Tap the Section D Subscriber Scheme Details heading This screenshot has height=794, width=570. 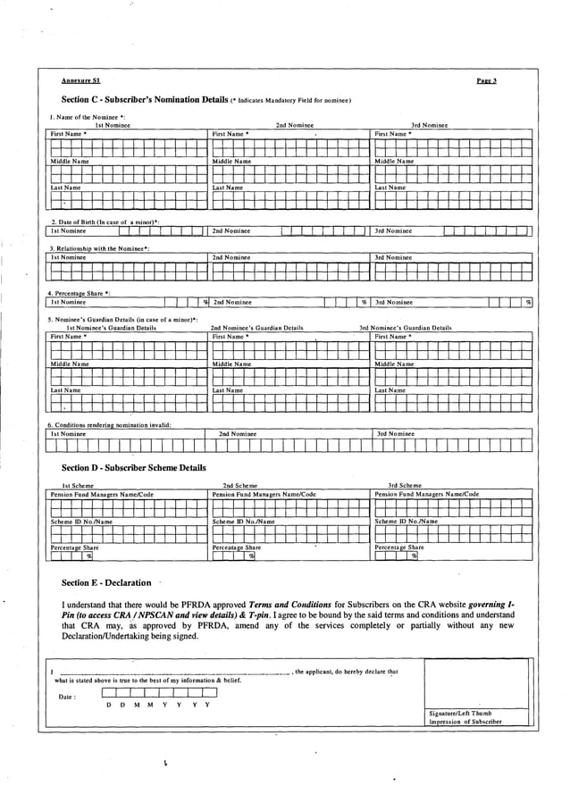tap(133, 467)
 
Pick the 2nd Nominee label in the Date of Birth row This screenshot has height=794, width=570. tap(231, 230)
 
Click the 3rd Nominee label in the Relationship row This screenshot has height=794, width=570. tap(393, 257)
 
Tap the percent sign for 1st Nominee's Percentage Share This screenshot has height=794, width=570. tap(205, 302)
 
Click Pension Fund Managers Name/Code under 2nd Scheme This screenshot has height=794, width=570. tap(264, 494)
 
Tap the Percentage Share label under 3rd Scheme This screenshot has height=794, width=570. tap(399, 547)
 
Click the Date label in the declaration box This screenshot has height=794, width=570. tap(67, 696)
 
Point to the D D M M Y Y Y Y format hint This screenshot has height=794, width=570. tap(157, 705)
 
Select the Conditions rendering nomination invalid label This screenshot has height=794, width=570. tap(109, 424)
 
